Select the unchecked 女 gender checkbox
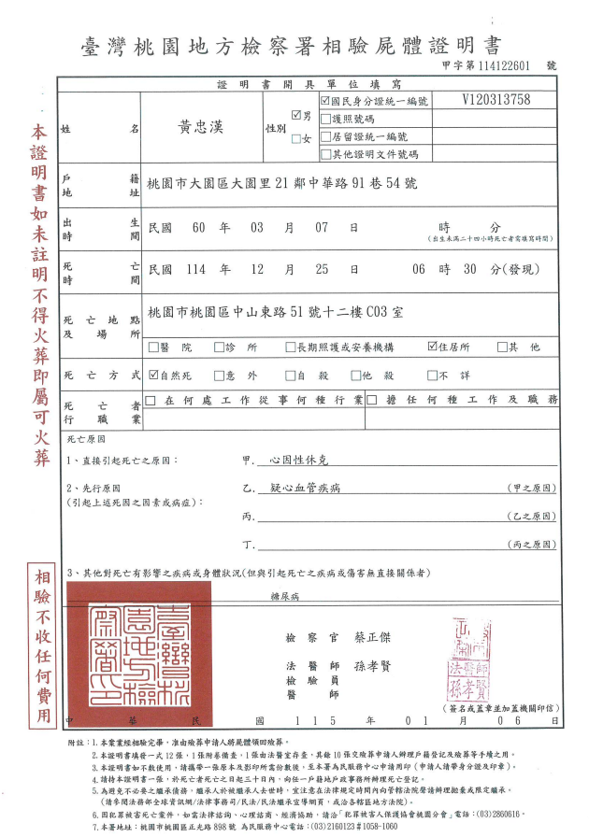coord(295,139)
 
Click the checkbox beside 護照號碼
coord(324,119)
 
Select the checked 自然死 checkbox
coord(154,376)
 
